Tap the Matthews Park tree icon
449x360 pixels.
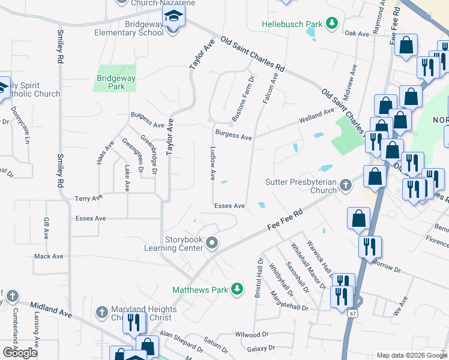point(238,289)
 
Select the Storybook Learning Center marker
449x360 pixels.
point(211,243)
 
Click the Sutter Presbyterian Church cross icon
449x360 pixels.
point(345,185)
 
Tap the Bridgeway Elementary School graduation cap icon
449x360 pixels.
point(173,16)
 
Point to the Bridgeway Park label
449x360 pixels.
point(116,82)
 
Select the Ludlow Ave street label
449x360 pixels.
point(212,163)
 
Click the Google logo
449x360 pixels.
point(20,353)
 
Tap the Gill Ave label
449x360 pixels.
point(46,227)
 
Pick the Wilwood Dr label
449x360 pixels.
point(252,334)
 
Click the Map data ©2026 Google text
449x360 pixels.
point(412,355)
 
